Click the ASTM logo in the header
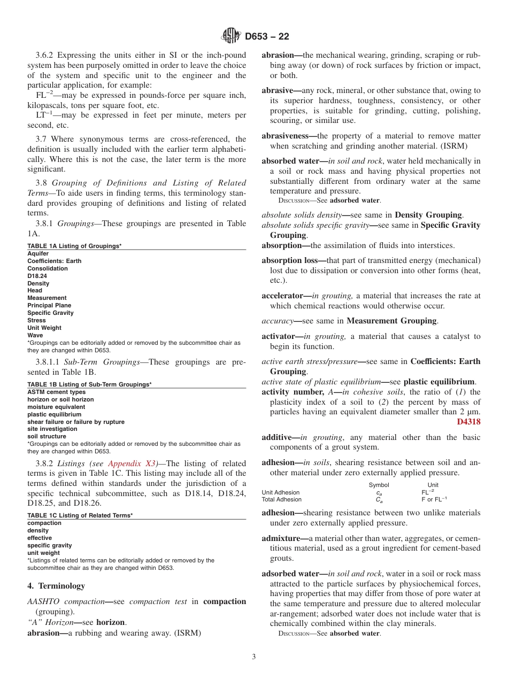click(231, 36)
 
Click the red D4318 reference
click(468, 422)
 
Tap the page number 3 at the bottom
click(253, 656)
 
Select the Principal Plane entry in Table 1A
click(49, 305)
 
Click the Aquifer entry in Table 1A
click(38, 253)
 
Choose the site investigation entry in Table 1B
click(52, 429)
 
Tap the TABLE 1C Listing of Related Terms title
click(80, 515)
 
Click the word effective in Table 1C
click(40, 538)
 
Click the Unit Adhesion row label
click(280, 492)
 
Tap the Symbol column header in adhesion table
click(379, 485)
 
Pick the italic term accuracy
click(277, 321)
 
